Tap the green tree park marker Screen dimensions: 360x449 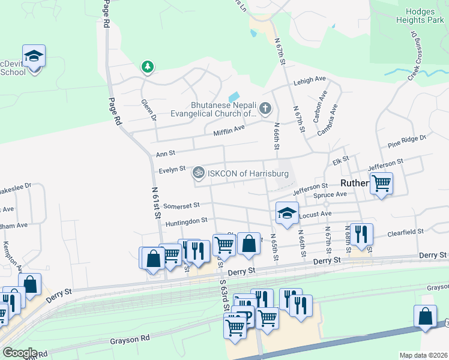point(147,67)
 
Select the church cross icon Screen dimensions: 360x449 point(265,109)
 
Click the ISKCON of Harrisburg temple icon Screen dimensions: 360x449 point(199,173)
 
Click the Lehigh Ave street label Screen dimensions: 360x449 point(309,80)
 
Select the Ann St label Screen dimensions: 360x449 point(165,154)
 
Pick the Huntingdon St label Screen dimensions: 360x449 point(186,221)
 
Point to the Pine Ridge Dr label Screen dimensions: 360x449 point(406,141)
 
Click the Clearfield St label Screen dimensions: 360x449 point(406,231)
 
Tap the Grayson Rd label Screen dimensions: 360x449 point(130,340)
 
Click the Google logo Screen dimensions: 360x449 point(20,353)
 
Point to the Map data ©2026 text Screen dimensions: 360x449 point(423,355)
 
